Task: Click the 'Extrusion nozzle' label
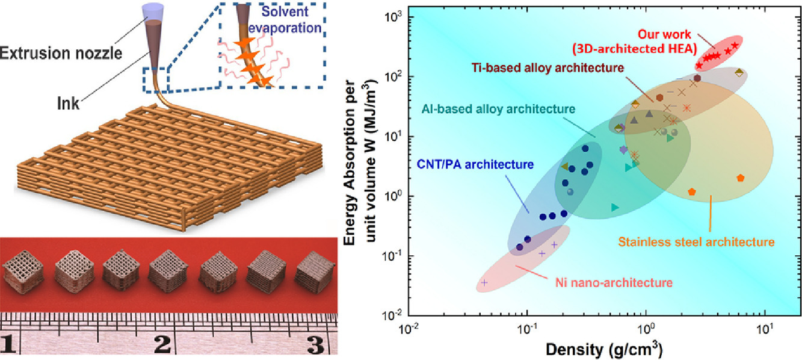click(x=61, y=53)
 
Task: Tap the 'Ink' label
click(x=68, y=103)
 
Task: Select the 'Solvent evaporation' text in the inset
click(x=285, y=19)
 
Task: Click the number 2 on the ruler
click(x=162, y=344)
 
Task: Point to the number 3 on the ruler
click(x=315, y=344)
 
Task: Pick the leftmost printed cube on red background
click(x=23, y=272)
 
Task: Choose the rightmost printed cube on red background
click(x=315, y=273)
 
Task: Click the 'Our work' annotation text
click(x=664, y=34)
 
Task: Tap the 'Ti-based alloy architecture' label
click(x=548, y=67)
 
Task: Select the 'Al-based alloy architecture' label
click(x=498, y=108)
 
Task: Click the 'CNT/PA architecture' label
click(x=475, y=164)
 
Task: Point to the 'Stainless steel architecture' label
click(x=696, y=242)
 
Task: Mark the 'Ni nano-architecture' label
click(x=614, y=282)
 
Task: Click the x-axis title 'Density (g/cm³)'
click(x=604, y=349)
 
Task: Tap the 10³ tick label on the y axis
click(x=393, y=16)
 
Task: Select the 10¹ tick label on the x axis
click(x=765, y=329)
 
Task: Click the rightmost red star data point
click(x=735, y=46)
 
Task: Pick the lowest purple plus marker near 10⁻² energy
click(x=484, y=282)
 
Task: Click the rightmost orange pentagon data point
click(x=741, y=178)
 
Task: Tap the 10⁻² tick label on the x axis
click(x=408, y=329)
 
